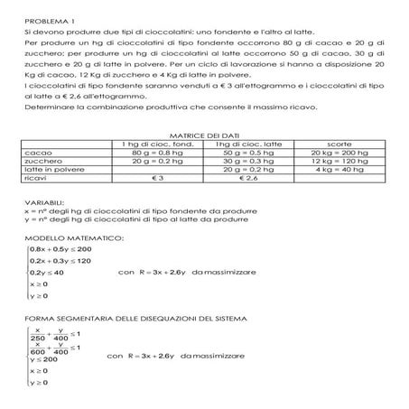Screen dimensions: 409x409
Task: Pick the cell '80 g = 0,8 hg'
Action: point(153,153)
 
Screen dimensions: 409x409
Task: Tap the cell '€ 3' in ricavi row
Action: point(153,179)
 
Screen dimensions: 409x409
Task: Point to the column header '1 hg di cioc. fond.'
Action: point(153,144)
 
